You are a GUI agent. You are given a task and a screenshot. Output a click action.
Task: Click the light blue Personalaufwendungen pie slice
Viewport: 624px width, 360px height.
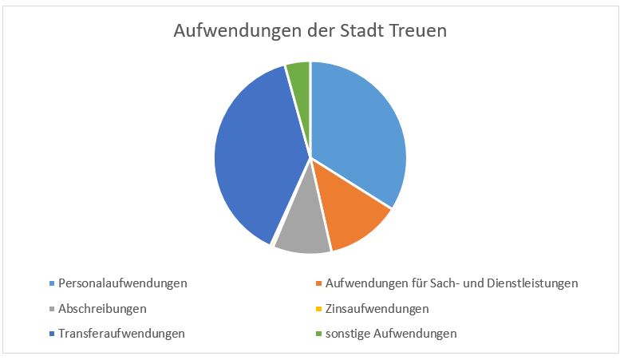[354, 128]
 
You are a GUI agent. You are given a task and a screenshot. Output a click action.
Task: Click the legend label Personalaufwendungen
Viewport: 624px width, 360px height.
[123, 283]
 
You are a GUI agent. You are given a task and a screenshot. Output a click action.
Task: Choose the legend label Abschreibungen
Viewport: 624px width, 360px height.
[102, 309]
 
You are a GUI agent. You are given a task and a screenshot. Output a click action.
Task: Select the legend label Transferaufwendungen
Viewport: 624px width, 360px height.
[121, 334]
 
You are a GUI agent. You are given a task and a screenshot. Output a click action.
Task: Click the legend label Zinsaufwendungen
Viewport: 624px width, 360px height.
[377, 309]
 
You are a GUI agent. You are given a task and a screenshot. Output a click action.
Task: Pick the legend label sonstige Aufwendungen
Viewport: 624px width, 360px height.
[391, 334]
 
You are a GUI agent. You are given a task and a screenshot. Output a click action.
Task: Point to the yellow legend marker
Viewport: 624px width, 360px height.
[318, 309]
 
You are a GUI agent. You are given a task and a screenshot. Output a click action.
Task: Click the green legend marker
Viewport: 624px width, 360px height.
[318, 334]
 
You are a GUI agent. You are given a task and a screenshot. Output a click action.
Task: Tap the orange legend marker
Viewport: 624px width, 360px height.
[318, 283]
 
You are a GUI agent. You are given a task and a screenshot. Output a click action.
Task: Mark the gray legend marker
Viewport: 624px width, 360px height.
[52, 309]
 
